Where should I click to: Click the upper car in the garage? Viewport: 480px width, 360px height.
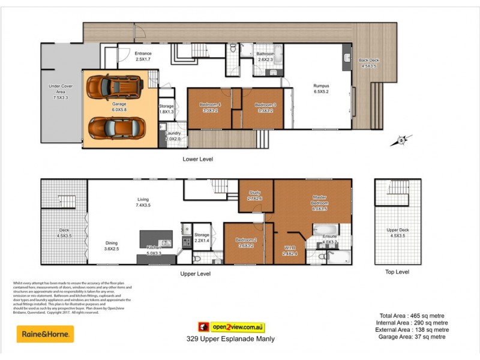pos(114,89)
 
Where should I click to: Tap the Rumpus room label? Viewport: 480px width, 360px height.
pos(321,89)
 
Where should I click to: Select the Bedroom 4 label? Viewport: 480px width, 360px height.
pos(210,107)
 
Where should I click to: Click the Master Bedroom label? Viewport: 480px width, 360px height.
pos(319,203)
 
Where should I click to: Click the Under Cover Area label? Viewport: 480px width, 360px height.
pos(61,91)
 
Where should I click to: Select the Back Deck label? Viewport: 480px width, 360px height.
pos(368,63)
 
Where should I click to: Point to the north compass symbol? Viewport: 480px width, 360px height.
pos(400,142)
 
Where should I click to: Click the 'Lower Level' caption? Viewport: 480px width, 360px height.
pos(198,159)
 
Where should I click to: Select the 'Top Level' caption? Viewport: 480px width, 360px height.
pos(397,272)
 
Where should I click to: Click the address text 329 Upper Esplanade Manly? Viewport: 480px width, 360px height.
pos(231,339)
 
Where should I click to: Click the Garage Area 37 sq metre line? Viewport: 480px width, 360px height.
pos(412,337)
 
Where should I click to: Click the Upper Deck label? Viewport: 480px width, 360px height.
pos(397,232)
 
